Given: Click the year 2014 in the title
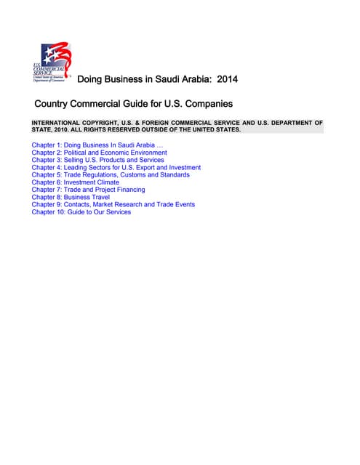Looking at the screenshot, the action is (223, 78).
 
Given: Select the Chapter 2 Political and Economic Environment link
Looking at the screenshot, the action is (99, 153).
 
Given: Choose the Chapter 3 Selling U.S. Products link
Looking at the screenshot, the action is (97, 160).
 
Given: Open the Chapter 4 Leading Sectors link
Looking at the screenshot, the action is (116, 168).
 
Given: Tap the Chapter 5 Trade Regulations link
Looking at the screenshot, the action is (111, 175).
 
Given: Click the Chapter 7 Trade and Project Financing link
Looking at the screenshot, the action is (88, 190).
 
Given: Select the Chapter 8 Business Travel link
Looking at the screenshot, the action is (71, 197).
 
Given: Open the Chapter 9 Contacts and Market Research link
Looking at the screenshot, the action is (113, 205).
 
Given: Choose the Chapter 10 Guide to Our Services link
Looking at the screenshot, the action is (81, 212).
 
